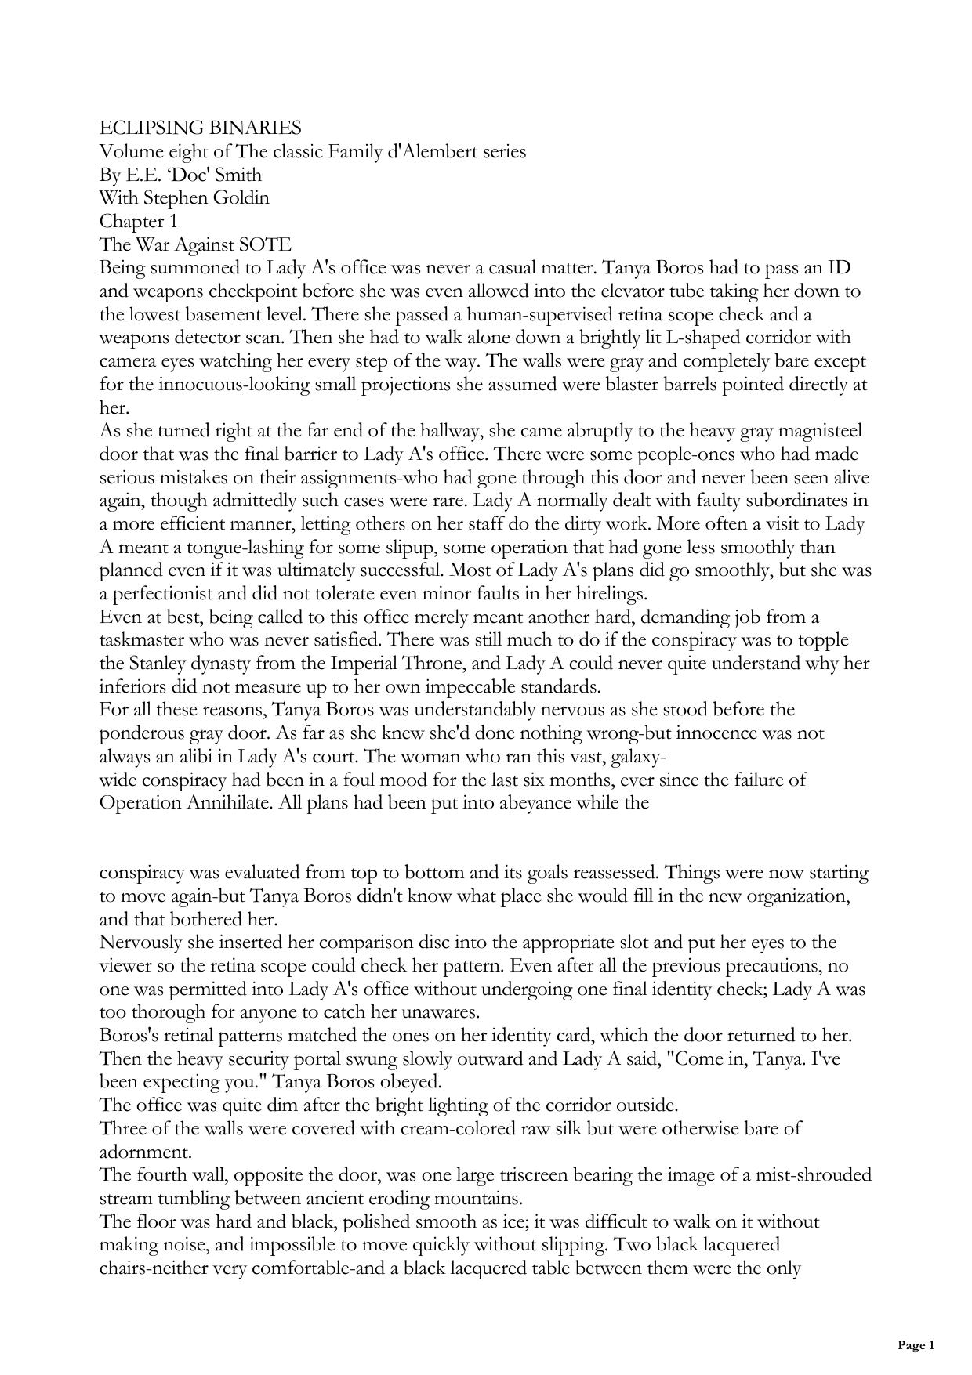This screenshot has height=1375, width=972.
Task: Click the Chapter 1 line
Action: (138, 221)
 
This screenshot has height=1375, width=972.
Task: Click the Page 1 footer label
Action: (916, 1346)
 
